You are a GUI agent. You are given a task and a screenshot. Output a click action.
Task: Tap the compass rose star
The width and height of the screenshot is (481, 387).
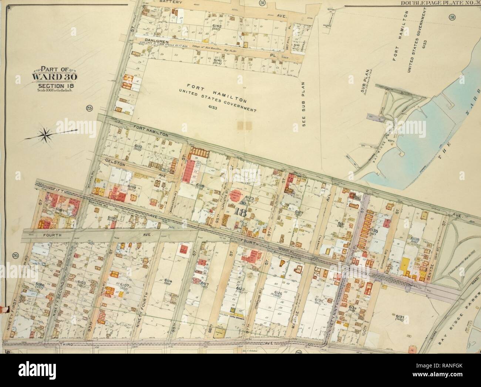click(46, 135)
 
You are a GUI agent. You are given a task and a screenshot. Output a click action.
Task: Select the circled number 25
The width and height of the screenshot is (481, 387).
click(89, 108)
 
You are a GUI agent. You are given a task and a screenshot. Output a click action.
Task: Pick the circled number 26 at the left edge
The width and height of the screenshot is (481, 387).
click(15, 255)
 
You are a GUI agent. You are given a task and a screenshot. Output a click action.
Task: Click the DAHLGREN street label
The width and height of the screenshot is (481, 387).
click(157, 42)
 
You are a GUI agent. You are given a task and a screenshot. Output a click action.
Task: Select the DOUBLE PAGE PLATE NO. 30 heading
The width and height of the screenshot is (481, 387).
click(440, 3)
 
